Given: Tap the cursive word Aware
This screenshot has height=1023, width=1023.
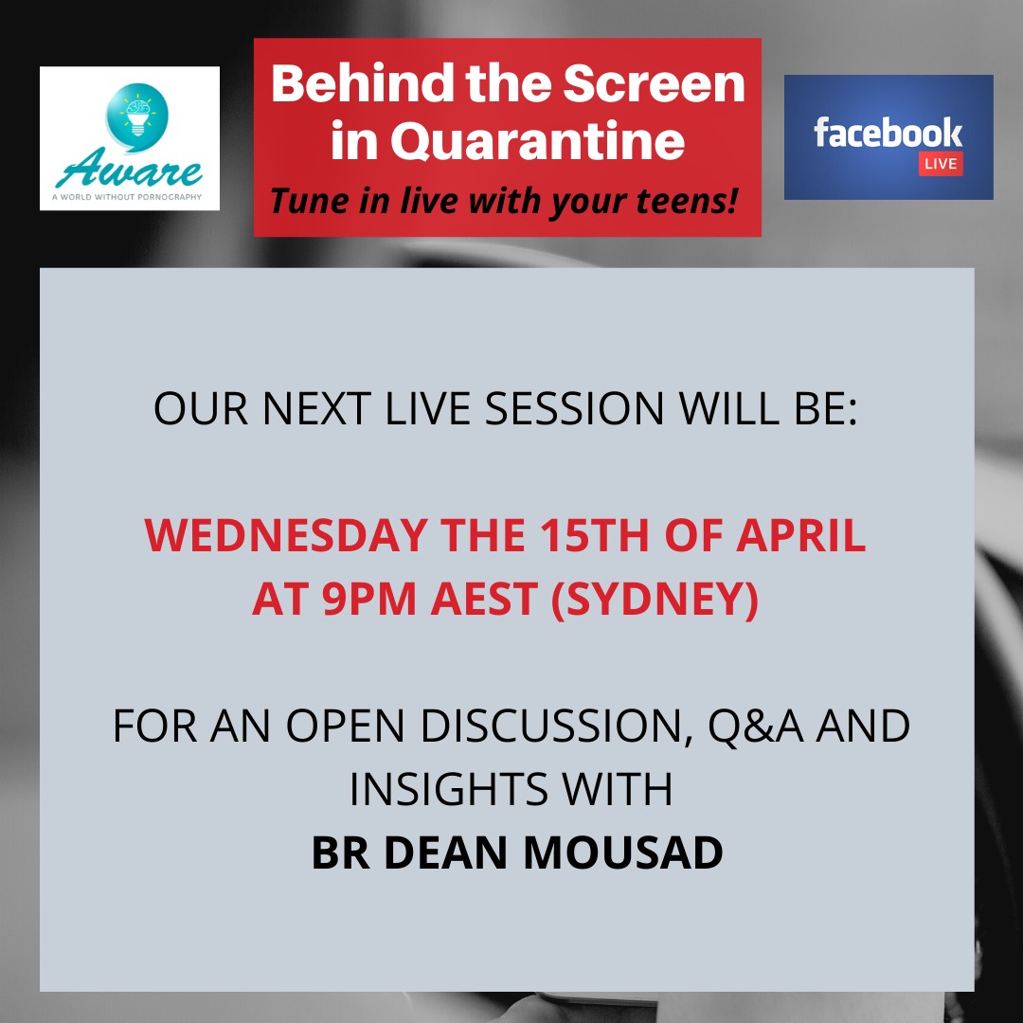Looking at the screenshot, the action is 129,169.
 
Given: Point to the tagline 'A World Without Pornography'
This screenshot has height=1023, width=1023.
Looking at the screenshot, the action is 127,197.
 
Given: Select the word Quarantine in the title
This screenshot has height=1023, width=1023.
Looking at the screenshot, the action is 538,141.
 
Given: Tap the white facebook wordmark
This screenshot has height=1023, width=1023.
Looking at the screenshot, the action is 888,133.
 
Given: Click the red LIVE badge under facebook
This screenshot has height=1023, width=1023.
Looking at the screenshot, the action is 941,164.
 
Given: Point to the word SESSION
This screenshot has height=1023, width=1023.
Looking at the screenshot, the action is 574,409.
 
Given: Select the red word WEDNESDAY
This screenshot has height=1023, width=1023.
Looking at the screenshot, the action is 286,535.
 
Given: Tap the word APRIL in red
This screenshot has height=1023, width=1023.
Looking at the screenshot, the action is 801,535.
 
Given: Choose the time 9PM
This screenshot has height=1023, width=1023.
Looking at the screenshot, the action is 368,599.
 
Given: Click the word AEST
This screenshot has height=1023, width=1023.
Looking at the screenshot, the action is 484,599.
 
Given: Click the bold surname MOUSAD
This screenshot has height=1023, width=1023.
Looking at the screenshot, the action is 623,852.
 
